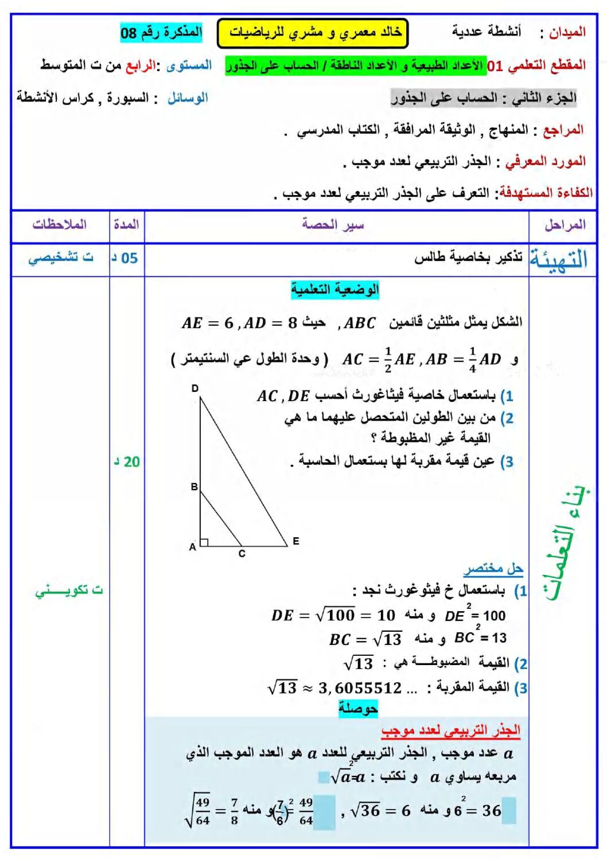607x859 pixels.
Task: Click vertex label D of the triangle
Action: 195,388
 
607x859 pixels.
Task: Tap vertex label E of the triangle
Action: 295,541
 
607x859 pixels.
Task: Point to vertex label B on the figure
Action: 194,487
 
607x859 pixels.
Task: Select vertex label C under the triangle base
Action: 242,554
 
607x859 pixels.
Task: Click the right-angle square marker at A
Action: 204,542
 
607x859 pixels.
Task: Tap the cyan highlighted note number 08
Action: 161,32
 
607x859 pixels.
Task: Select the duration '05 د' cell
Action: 126,258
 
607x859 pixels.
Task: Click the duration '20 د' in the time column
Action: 127,461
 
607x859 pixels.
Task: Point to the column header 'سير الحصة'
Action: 333,224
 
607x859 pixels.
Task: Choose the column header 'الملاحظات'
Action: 60,224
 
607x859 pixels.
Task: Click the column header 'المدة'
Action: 126,224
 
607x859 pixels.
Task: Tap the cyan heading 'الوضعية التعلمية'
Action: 335,290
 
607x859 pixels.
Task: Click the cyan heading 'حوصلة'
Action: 358,708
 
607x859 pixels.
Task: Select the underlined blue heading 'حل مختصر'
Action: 493,569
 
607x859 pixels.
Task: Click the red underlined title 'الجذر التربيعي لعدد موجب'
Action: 451,730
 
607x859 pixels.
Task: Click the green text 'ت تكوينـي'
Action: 69,590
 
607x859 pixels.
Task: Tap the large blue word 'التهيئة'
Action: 558,259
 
